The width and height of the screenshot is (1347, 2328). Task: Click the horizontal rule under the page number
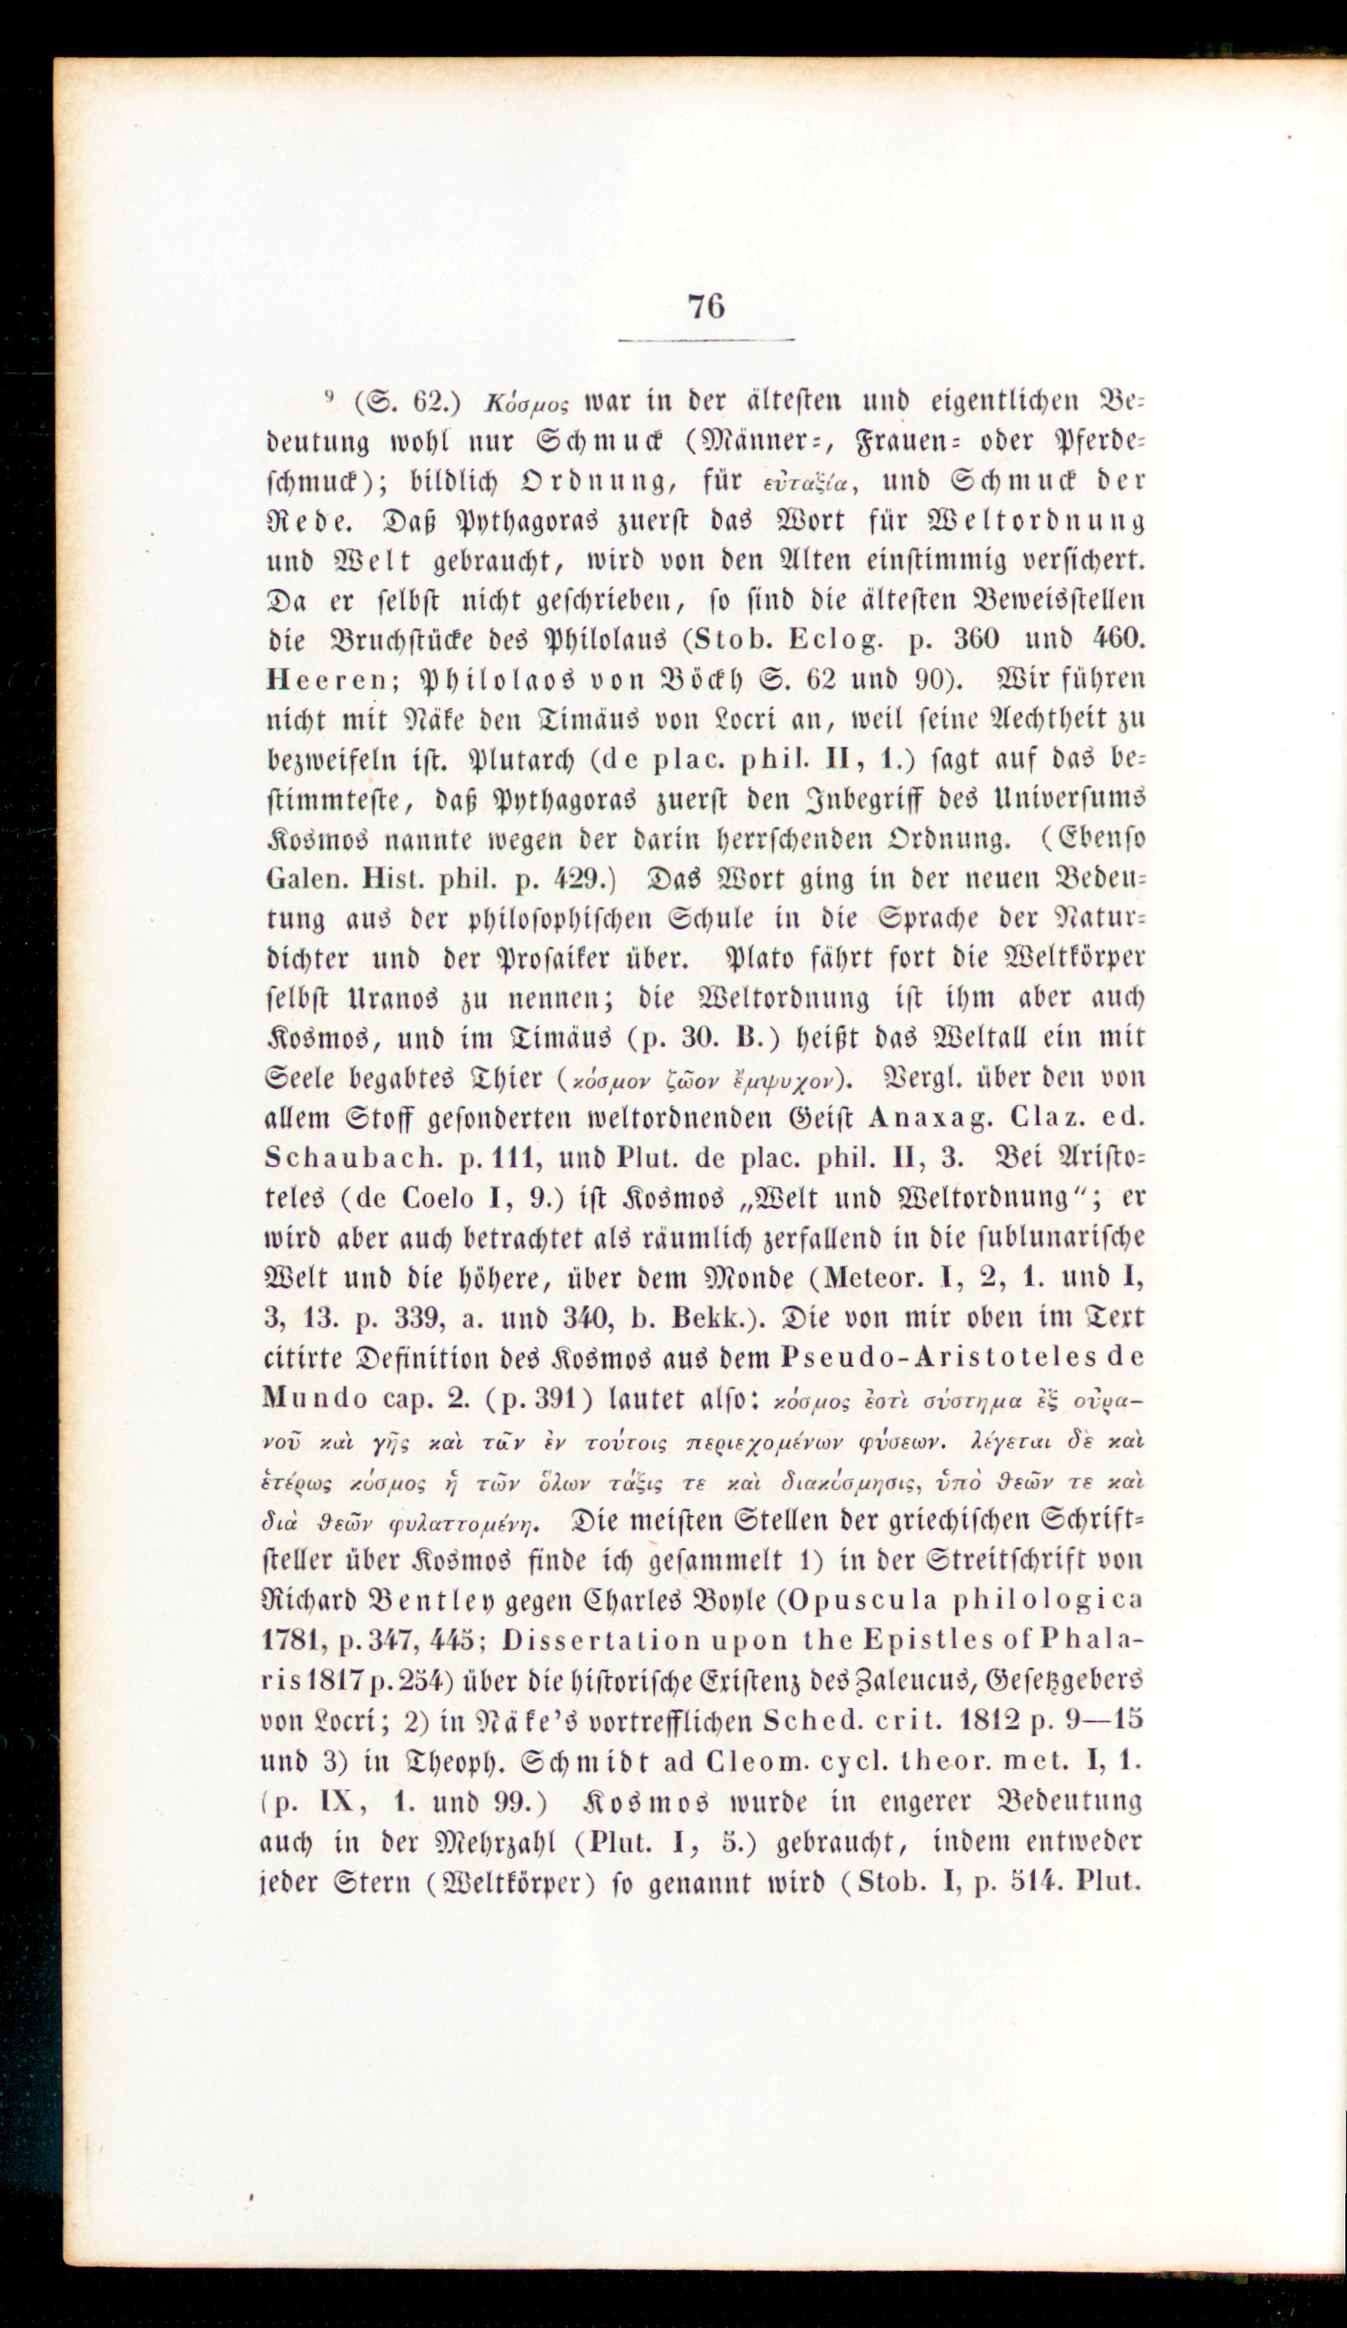(x=706, y=340)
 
